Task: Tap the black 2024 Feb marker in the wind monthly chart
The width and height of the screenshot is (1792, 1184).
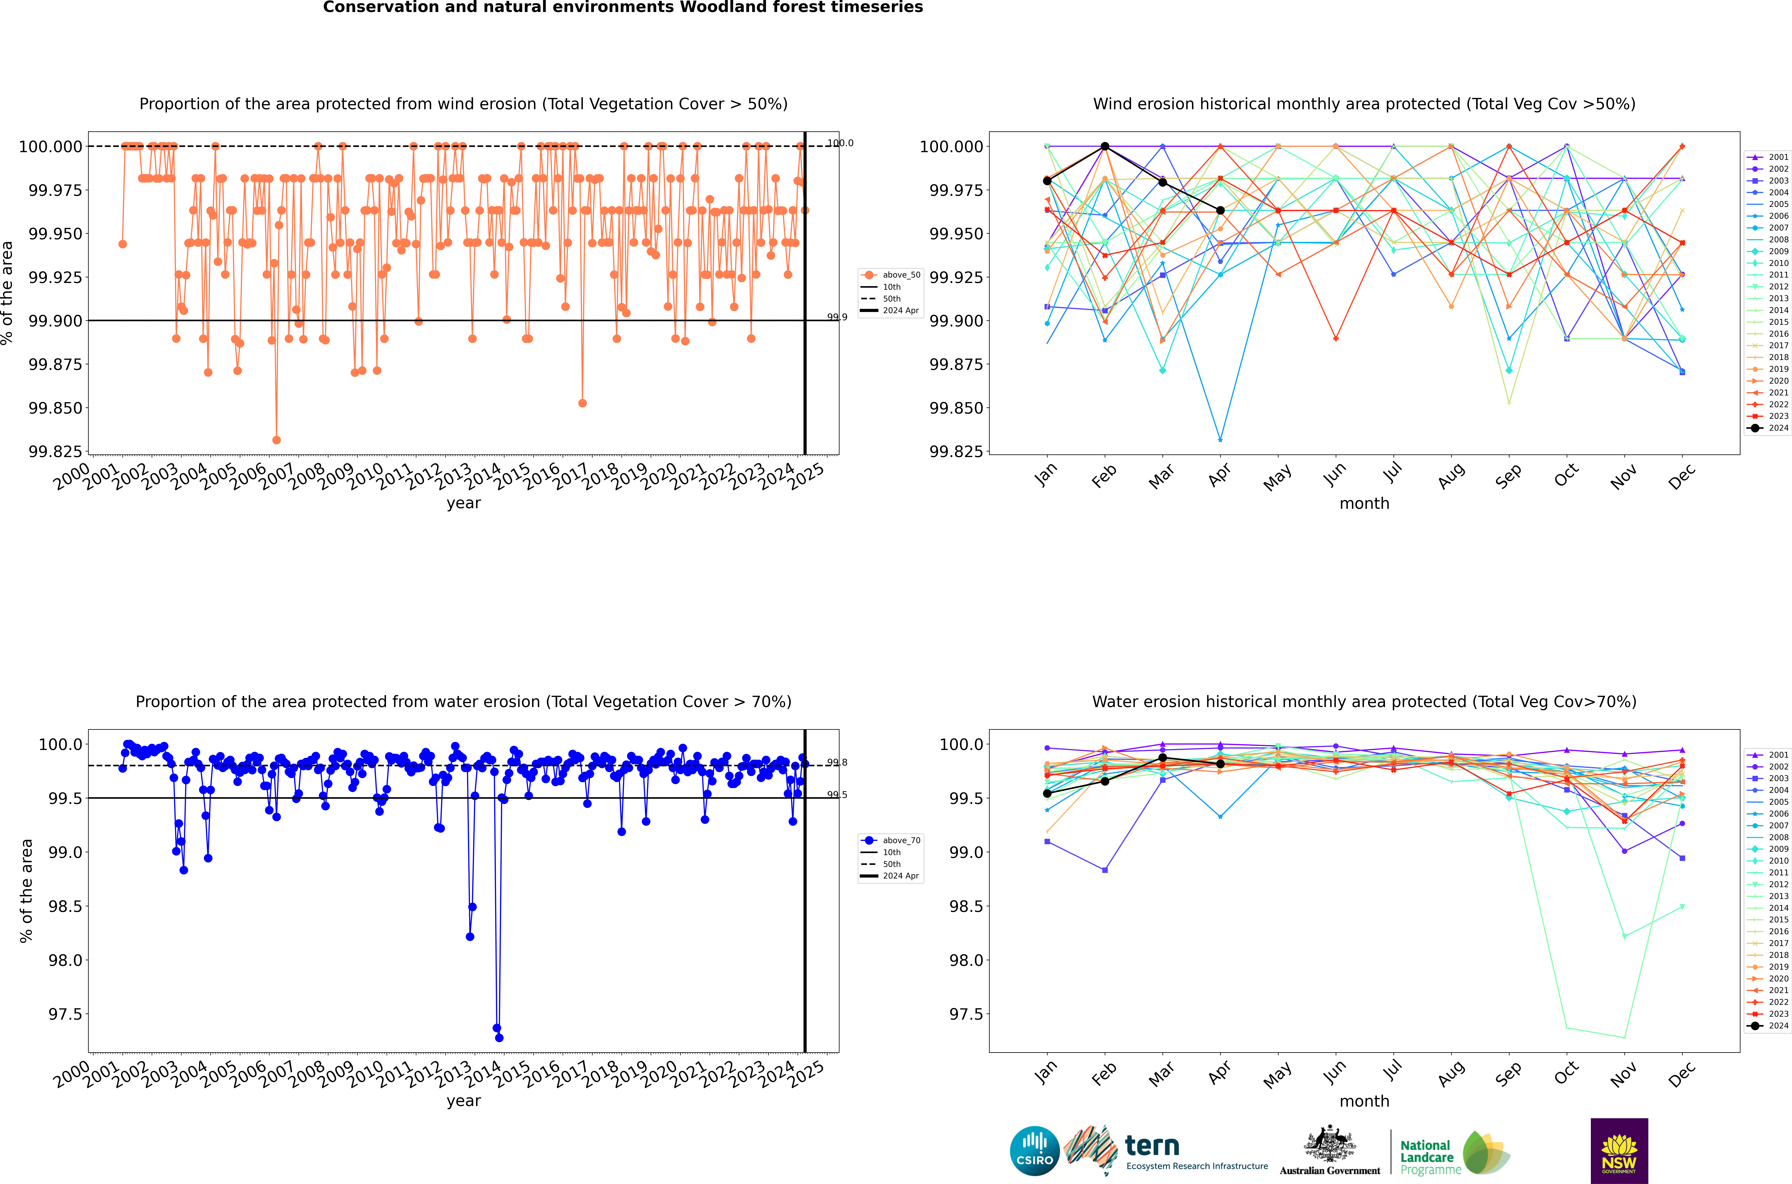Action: point(1105,147)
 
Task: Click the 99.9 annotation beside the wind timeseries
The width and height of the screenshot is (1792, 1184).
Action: point(837,317)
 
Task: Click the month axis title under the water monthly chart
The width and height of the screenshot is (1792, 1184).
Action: point(1364,1101)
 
